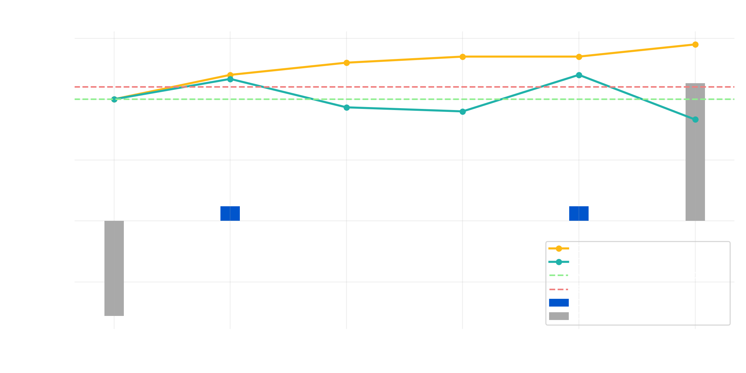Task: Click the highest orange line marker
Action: click(x=695, y=45)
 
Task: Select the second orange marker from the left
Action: click(x=230, y=75)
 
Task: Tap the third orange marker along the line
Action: click(x=347, y=63)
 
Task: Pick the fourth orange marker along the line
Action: click(x=463, y=57)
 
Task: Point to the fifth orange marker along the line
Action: click(x=579, y=57)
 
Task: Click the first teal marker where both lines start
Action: click(x=114, y=99)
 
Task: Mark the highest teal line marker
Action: click(x=579, y=75)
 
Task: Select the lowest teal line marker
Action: click(x=695, y=120)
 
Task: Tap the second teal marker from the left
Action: click(x=230, y=79)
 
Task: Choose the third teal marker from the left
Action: click(x=347, y=107)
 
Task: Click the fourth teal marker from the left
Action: click(x=463, y=112)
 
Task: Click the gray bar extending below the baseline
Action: click(x=114, y=268)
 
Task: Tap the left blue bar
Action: click(x=230, y=213)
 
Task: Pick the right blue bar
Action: click(x=579, y=213)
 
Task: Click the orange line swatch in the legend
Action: click(x=559, y=248)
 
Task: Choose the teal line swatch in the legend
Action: click(x=559, y=262)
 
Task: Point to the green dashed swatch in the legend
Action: click(x=559, y=275)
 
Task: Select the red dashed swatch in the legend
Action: click(x=559, y=289)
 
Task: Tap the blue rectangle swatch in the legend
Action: click(x=559, y=303)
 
